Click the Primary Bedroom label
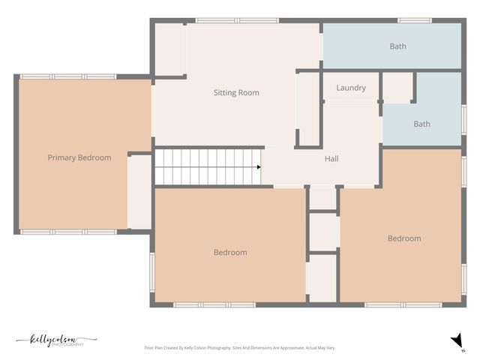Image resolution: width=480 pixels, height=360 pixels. coord(79,157)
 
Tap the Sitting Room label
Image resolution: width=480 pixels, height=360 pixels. coord(236,93)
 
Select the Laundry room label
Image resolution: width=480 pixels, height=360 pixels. coord(351,88)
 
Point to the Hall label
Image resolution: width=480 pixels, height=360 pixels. coord(331,159)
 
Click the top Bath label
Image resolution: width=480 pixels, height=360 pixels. coord(397,46)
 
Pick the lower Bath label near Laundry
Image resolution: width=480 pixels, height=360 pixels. coord(422,124)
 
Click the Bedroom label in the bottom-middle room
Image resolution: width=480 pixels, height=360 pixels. coord(230,253)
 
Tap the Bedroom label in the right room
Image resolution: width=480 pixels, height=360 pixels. coord(404,238)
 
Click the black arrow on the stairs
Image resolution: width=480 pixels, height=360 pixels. coord(258,166)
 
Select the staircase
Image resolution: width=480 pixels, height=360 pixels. coord(206,166)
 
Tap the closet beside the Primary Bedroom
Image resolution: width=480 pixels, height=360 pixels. coord(140,192)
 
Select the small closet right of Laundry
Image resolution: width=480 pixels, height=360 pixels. coord(397,87)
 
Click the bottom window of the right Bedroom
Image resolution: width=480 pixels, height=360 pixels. coord(397,305)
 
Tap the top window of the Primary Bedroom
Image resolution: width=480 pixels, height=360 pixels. coord(67,76)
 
